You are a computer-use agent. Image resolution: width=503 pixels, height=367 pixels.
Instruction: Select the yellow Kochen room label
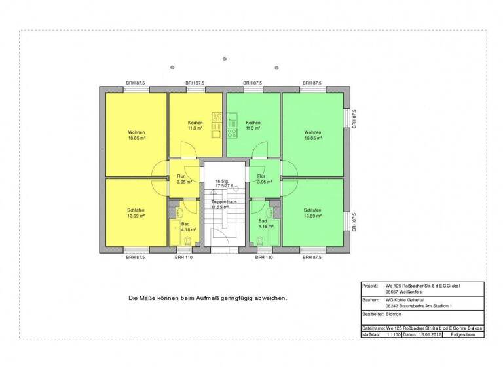tap(195, 123)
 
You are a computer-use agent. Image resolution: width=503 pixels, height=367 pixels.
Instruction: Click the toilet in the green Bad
tap(261, 242)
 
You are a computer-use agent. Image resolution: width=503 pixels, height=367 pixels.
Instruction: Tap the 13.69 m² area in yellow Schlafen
tap(136, 216)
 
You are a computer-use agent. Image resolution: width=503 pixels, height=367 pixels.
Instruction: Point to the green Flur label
tap(261, 176)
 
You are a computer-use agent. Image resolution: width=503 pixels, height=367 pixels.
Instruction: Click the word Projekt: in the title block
tap(371, 286)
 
